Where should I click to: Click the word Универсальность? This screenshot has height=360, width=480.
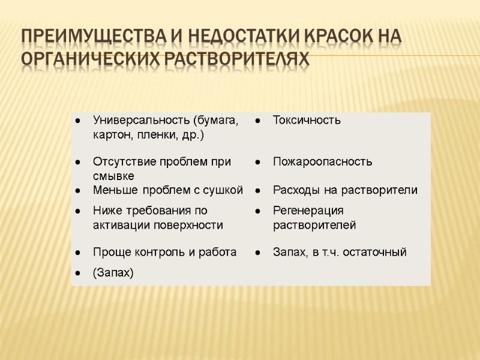(x=136, y=120)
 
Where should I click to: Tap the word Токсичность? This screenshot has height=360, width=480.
(x=307, y=120)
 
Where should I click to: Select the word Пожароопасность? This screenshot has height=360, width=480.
(x=322, y=161)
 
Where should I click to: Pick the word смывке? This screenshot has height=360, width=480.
(x=113, y=176)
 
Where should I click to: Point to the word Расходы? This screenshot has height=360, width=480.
(x=295, y=190)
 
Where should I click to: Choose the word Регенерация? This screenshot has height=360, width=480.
(x=308, y=211)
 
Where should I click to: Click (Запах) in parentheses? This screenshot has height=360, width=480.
(x=113, y=272)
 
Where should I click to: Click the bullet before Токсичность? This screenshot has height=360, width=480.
(x=257, y=121)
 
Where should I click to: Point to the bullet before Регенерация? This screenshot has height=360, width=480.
(x=257, y=211)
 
